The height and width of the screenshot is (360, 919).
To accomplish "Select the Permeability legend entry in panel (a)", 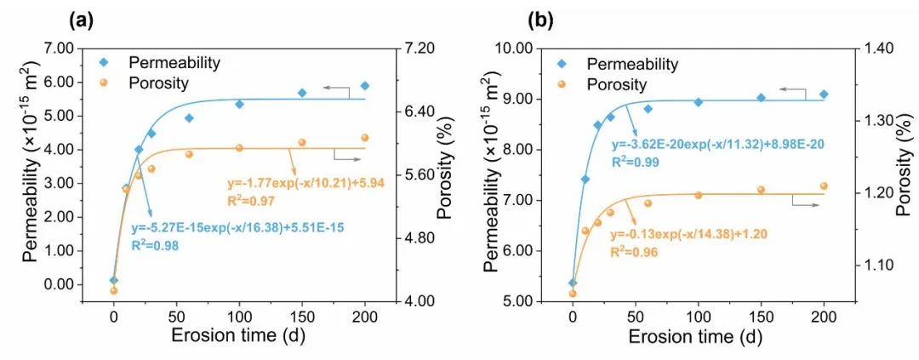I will [174, 63].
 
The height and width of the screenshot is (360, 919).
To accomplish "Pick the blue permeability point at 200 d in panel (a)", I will [365, 86].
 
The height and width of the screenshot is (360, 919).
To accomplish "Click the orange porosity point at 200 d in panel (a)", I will [365, 138].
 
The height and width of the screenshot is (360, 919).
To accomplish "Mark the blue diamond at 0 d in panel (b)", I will [573, 283].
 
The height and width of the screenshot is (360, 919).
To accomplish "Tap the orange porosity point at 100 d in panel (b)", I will [699, 195].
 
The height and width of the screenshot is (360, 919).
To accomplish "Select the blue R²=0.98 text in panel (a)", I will [154, 245].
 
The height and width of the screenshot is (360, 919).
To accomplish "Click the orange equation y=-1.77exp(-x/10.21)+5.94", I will [310, 183].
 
